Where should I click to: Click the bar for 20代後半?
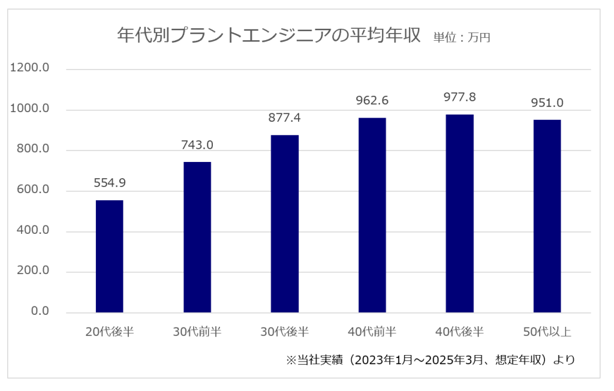click(x=109, y=256)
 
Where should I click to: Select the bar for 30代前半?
click(x=197, y=237)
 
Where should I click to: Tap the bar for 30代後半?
click(x=285, y=224)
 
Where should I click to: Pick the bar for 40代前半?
click(x=372, y=215)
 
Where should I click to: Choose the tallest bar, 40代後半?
click(x=460, y=213)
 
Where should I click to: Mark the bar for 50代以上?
click(x=547, y=216)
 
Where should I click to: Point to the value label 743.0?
click(x=197, y=145)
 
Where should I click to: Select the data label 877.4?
click(x=285, y=118)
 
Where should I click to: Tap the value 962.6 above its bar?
click(x=372, y=101)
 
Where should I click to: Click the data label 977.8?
click(x=460, y=97)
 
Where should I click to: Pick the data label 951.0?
click(x=547, y=103)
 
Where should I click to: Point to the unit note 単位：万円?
click(x=462, y=38)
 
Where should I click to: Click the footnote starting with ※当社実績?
click(x=430, y=360)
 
